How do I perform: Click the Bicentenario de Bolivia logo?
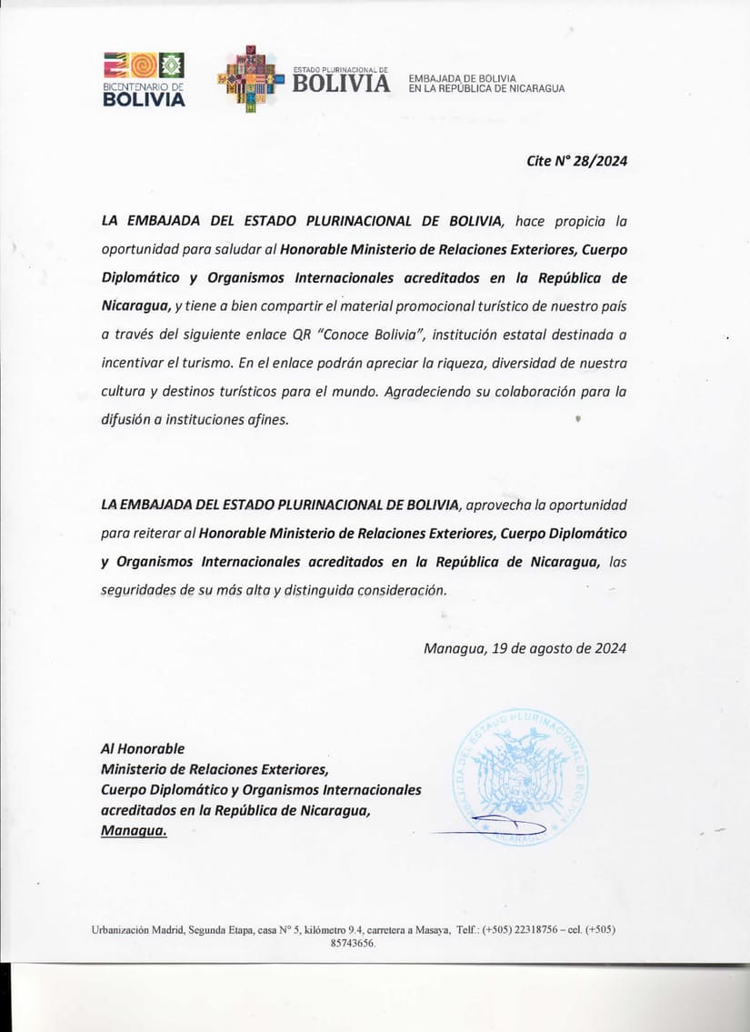pos(144,79)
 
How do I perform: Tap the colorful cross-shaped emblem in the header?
pos(252,79)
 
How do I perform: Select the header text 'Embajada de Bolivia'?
pos(463,78)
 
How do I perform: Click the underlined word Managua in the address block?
pos(134,830)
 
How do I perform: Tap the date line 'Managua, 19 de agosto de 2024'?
pos(525,648)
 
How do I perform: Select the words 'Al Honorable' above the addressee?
pos(143,748)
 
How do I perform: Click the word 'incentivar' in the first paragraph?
pos(133,363)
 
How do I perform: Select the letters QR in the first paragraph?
pos(305,335)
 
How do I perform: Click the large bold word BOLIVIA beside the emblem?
pos(341,84)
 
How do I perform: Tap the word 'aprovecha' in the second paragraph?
pos(498,505)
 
